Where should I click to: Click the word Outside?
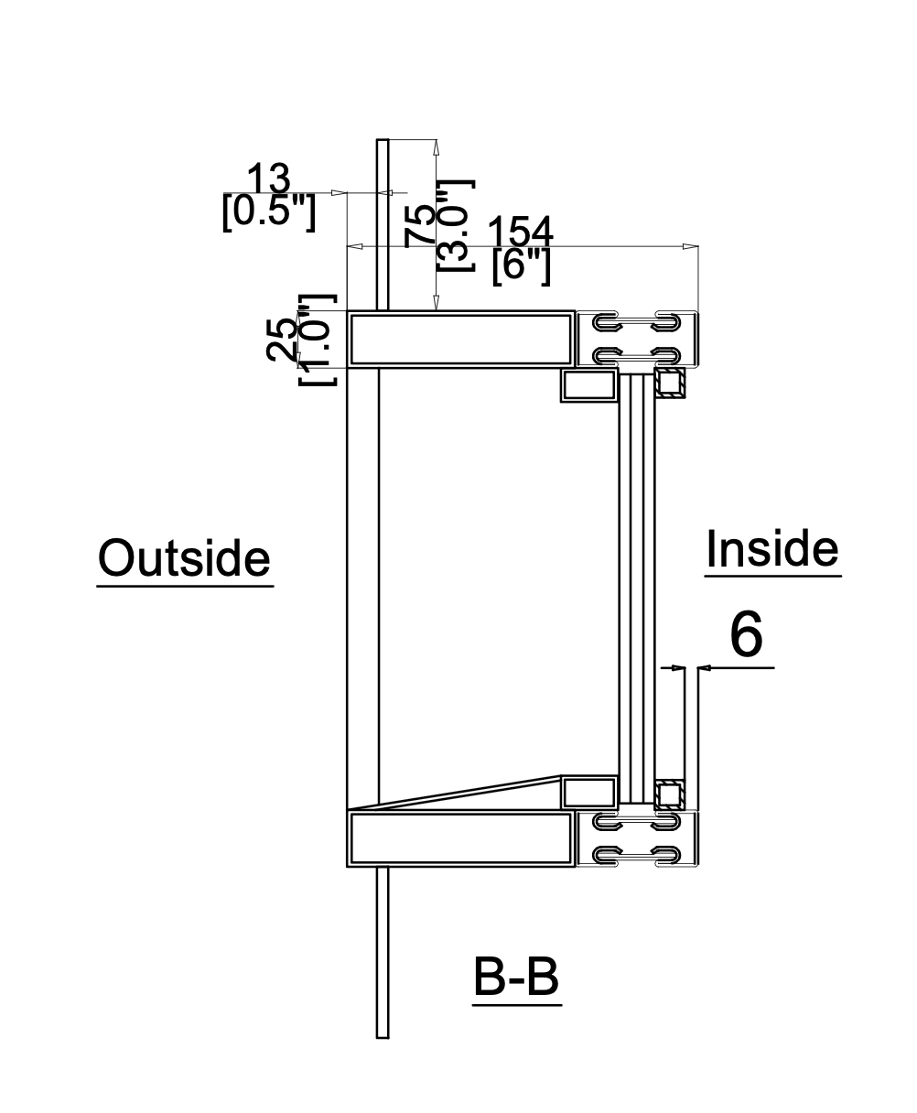184,557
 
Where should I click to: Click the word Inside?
772,548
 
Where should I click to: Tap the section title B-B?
516,977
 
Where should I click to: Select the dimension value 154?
521,232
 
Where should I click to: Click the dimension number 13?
269,178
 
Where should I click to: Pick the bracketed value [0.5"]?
269,212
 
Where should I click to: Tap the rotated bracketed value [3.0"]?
456,226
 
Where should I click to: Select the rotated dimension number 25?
282,340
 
